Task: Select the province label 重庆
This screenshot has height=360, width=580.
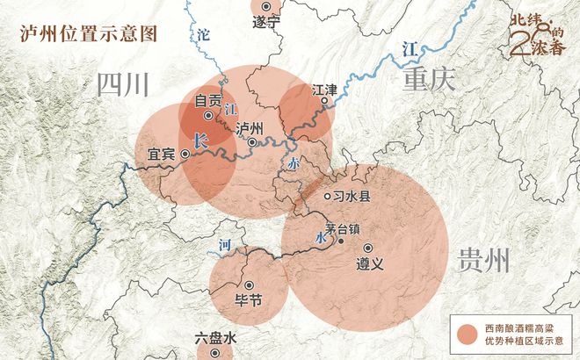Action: click(428, 81)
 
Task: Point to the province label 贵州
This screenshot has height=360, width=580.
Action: click(483, 260)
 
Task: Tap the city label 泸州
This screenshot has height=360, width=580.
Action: click(251, 127)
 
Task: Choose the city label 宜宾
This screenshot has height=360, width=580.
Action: click(161, 154)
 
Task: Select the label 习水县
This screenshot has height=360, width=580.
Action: click(352, 197)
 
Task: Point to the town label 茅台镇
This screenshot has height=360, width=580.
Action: click(343, 226)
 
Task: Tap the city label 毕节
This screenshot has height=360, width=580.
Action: click(250, 299)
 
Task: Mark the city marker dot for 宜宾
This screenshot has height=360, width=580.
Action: click(185, 154)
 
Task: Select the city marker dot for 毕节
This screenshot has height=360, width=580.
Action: click(250, 284)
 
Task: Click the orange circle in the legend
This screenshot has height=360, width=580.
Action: click(465, 334)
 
